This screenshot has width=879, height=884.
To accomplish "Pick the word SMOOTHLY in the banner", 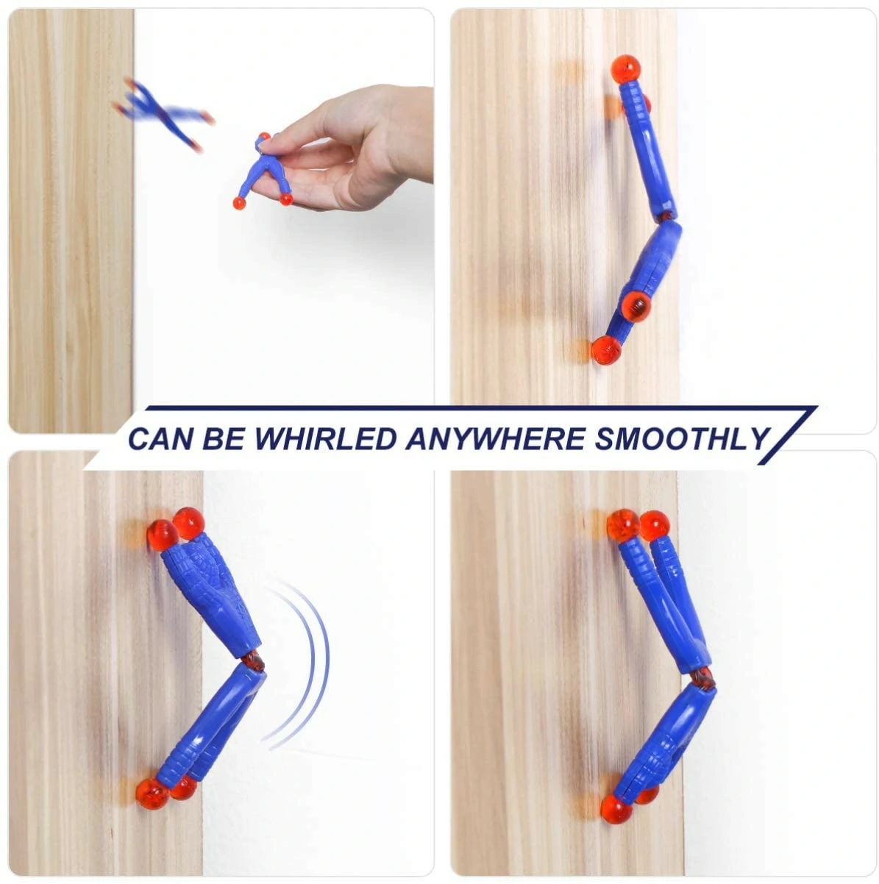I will [682, 438].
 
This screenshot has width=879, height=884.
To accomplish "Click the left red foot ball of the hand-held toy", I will [239, 202].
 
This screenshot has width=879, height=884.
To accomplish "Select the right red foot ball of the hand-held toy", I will [286, 199].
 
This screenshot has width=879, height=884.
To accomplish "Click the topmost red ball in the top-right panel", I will [625, 69].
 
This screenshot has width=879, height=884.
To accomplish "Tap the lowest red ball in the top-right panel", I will [606, 350].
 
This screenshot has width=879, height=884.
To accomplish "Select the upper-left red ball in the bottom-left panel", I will [162, 535].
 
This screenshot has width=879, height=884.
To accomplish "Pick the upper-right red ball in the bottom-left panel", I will [189, 522].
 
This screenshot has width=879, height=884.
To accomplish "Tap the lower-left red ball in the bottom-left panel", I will [152, 794].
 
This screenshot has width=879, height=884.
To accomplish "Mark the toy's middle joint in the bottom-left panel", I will [252, 660].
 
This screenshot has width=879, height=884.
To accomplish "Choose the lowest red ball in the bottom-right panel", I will [616, 809].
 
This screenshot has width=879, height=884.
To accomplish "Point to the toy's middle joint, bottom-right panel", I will [702, 677].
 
